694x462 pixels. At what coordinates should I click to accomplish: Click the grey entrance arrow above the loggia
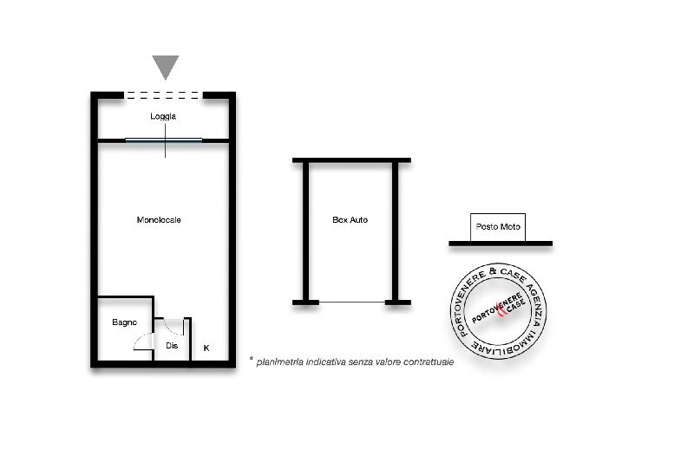click(x=166, y=67)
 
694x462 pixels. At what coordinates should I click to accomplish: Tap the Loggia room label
click(x=163, y=116)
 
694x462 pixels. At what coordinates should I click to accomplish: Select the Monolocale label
click(x=159, y=219)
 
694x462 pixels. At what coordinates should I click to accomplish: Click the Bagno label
click(x=124, y=322)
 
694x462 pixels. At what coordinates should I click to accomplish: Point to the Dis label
click(x=172, y=345)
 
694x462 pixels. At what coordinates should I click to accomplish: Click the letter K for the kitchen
click(x=206, y=348)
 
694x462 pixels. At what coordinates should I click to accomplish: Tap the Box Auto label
click(x=350, y=219)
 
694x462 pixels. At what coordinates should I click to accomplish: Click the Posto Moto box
click(x=497, y=227)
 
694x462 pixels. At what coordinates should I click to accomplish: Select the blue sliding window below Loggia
click(x=164, y=140)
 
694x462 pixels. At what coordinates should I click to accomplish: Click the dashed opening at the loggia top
click(x=163, y=94)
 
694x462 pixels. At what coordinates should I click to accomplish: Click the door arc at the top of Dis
click(x=174, y=327)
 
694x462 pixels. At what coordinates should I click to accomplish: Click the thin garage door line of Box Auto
click(x=352, y=303)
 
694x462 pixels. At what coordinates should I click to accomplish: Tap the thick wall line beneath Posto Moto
click(x=501, y=244)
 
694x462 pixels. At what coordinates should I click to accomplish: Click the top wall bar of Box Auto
click(x=352, y=160)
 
